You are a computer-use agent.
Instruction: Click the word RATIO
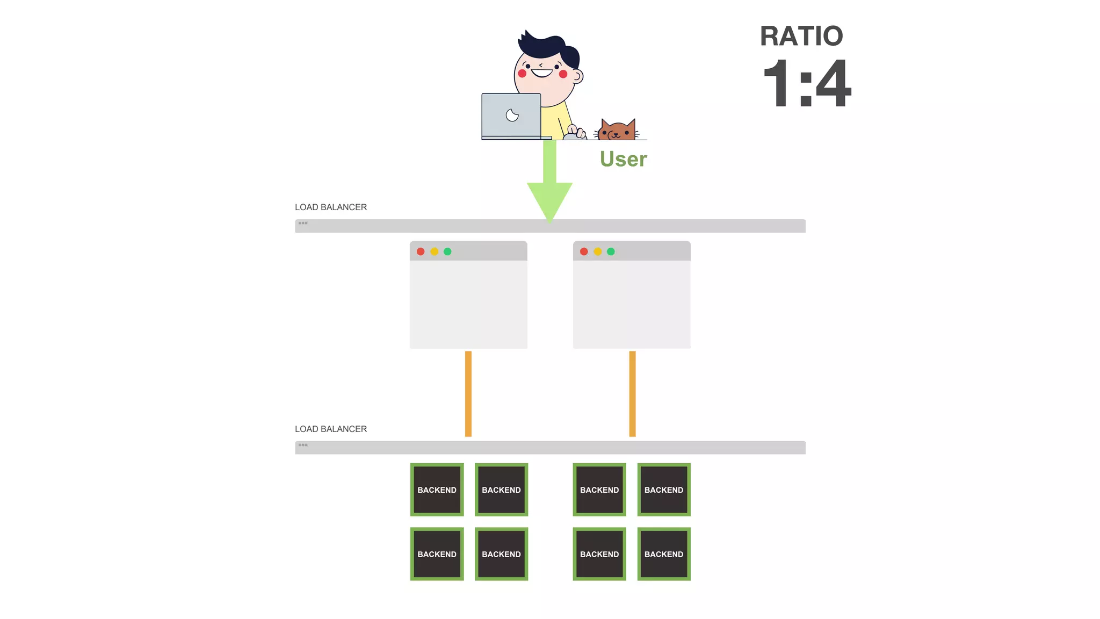(801, 37)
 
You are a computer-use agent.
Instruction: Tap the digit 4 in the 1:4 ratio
(832, 83)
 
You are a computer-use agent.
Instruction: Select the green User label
(623, 159)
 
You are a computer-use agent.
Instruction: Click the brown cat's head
(617, 131)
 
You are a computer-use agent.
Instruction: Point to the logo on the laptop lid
(512, 115)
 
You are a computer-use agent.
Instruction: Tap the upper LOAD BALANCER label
(330, 207)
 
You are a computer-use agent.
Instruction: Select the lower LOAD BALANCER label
(330, 429)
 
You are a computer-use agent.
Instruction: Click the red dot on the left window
(421, 251)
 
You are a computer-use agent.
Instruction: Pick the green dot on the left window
(447, 251)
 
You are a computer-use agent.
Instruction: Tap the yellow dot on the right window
(597, 251)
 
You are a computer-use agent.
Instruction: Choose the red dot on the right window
(584, 251)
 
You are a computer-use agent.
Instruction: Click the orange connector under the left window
(468, 393)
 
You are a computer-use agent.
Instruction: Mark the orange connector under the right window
(632, 393)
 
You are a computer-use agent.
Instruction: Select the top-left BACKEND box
(437, 490)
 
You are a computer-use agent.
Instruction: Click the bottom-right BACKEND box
(664, 554)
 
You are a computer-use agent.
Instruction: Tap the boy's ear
(577, 76)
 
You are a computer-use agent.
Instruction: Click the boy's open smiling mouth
(542, 73)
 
